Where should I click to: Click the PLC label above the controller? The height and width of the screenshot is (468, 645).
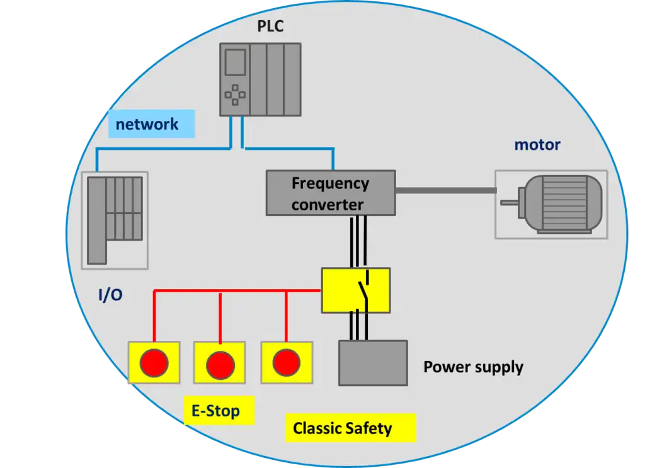[x=270, y=26]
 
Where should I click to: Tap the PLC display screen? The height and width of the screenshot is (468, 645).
[x=236, y=62]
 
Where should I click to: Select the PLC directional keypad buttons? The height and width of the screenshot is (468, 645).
[x=235, y=95]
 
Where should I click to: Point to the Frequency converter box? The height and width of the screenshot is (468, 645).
[x=331, y=193]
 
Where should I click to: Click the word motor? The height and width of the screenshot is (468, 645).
[x=537, y=145]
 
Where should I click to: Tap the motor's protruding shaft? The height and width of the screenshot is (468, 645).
[x=509, y=203]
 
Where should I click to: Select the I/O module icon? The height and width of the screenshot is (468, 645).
[x=115, y=220]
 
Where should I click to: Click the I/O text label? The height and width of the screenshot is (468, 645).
[x=110, y=294]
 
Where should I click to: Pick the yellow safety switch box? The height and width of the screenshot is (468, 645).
[x=356, y=290]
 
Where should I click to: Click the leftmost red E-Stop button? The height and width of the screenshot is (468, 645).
[x=154, y=363]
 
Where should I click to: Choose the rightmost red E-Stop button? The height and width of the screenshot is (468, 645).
[x=287, y=363]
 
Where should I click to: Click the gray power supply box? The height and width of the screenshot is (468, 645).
[x=373, y=363]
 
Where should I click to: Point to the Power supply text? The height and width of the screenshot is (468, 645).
[x=474, y=367]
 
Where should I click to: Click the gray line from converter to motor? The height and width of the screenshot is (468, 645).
[x=446, y=190]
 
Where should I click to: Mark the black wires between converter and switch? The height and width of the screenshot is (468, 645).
[x=358, y=242]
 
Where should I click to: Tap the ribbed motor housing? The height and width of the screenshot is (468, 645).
[x=564, y=203]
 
